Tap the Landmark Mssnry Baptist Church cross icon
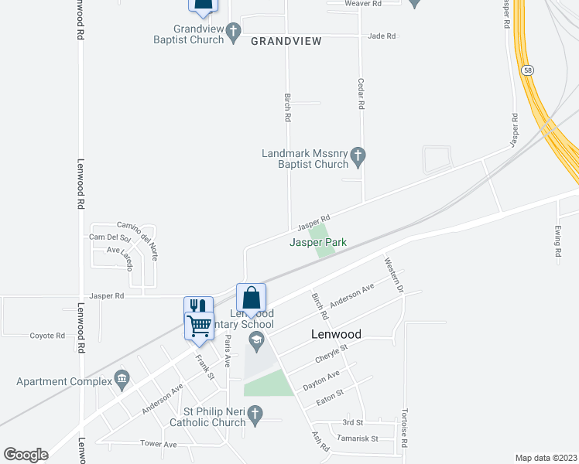pos(358,157)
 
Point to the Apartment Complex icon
pos(121,378)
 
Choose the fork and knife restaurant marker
pos(198,306)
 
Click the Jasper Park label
pos(317,242)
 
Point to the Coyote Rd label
pos(47,336)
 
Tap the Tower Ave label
pos(159,444)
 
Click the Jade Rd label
pos(382,36)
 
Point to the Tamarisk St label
pos(352,438)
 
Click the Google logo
pos(26,455)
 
